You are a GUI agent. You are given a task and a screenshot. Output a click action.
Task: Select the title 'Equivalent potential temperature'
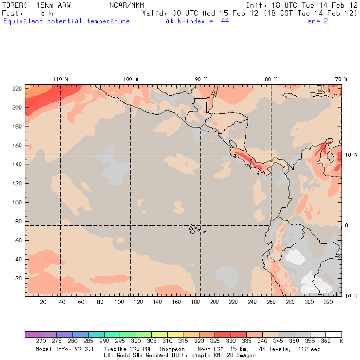67,21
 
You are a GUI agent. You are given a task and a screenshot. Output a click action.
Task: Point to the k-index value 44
225,21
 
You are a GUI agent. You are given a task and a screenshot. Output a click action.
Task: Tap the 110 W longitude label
60,79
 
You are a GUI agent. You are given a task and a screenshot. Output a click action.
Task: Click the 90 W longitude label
200,79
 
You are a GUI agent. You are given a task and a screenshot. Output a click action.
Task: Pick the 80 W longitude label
270,79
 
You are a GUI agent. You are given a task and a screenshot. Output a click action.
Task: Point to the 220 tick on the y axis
18,88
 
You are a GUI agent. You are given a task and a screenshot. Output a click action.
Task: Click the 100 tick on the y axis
18,202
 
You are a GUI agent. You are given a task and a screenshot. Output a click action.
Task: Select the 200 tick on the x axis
214,302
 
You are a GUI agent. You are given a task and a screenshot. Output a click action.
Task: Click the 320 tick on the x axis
328,302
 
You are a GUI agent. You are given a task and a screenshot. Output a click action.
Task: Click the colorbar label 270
40,342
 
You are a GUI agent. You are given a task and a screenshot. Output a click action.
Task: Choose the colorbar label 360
325,342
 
